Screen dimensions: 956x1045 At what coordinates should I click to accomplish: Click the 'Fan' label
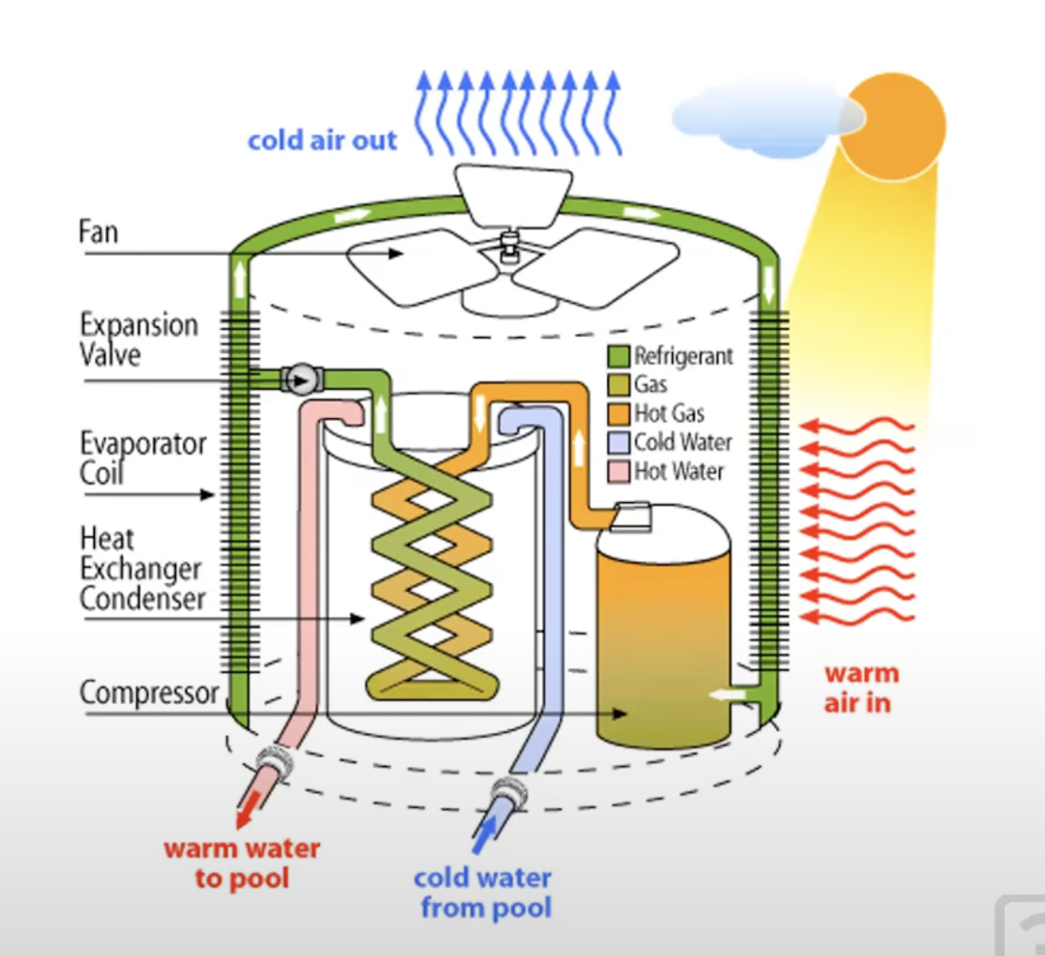click(97, 232)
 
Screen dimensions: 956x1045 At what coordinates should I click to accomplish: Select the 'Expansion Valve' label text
click(139, 339)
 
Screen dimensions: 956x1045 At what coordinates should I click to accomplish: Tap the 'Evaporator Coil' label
click(143, 457)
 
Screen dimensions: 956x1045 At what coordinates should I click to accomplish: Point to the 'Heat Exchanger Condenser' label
click(142, 569)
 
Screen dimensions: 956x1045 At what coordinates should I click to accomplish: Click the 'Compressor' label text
click(149, 693)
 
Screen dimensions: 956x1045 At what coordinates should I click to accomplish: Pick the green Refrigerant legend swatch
click(618, 357)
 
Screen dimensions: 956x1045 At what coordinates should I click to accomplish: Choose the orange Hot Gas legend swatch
click(618, 414)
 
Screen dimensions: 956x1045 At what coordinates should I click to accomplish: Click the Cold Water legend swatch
click(618, 443)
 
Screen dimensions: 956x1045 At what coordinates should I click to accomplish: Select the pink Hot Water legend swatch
click(618, 471)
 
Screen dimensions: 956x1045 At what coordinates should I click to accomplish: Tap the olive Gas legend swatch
click(618, 385)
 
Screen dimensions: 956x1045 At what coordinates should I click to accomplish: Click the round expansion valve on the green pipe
click(299, 379)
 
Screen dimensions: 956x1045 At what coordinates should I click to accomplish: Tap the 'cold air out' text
click(322, 140)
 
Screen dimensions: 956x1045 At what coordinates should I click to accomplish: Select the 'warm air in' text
click(861, 687)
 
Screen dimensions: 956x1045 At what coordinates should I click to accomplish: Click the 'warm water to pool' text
click(242, 863)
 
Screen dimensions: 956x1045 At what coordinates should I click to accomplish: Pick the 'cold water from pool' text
click(484, 892)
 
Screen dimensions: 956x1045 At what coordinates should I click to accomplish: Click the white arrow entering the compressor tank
click(728, 695)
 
